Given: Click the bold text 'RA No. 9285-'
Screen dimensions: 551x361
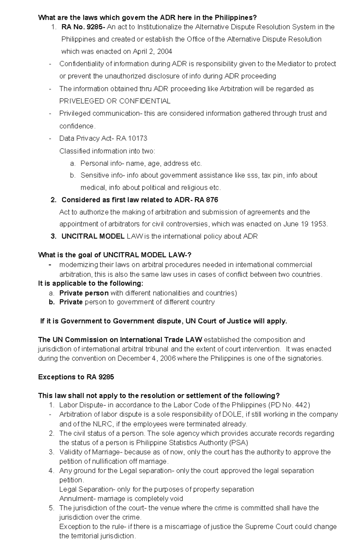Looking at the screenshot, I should pos(83,27).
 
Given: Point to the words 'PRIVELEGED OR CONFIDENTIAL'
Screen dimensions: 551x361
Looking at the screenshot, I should pos(115,101).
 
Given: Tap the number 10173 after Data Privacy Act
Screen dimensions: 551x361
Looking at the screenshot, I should pos(137,138).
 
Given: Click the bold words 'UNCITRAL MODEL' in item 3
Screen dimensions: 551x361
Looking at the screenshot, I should pos(93,237).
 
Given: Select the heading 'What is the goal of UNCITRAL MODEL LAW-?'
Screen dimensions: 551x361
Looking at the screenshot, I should pos(115,255).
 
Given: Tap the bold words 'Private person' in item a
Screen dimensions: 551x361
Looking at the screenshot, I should pos(84,293).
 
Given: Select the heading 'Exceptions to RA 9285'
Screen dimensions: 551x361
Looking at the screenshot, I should pos(76,377).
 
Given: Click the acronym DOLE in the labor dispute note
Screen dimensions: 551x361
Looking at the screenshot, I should pos(232,414).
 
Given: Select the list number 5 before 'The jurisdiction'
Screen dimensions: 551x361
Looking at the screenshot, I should pos(51,508).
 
